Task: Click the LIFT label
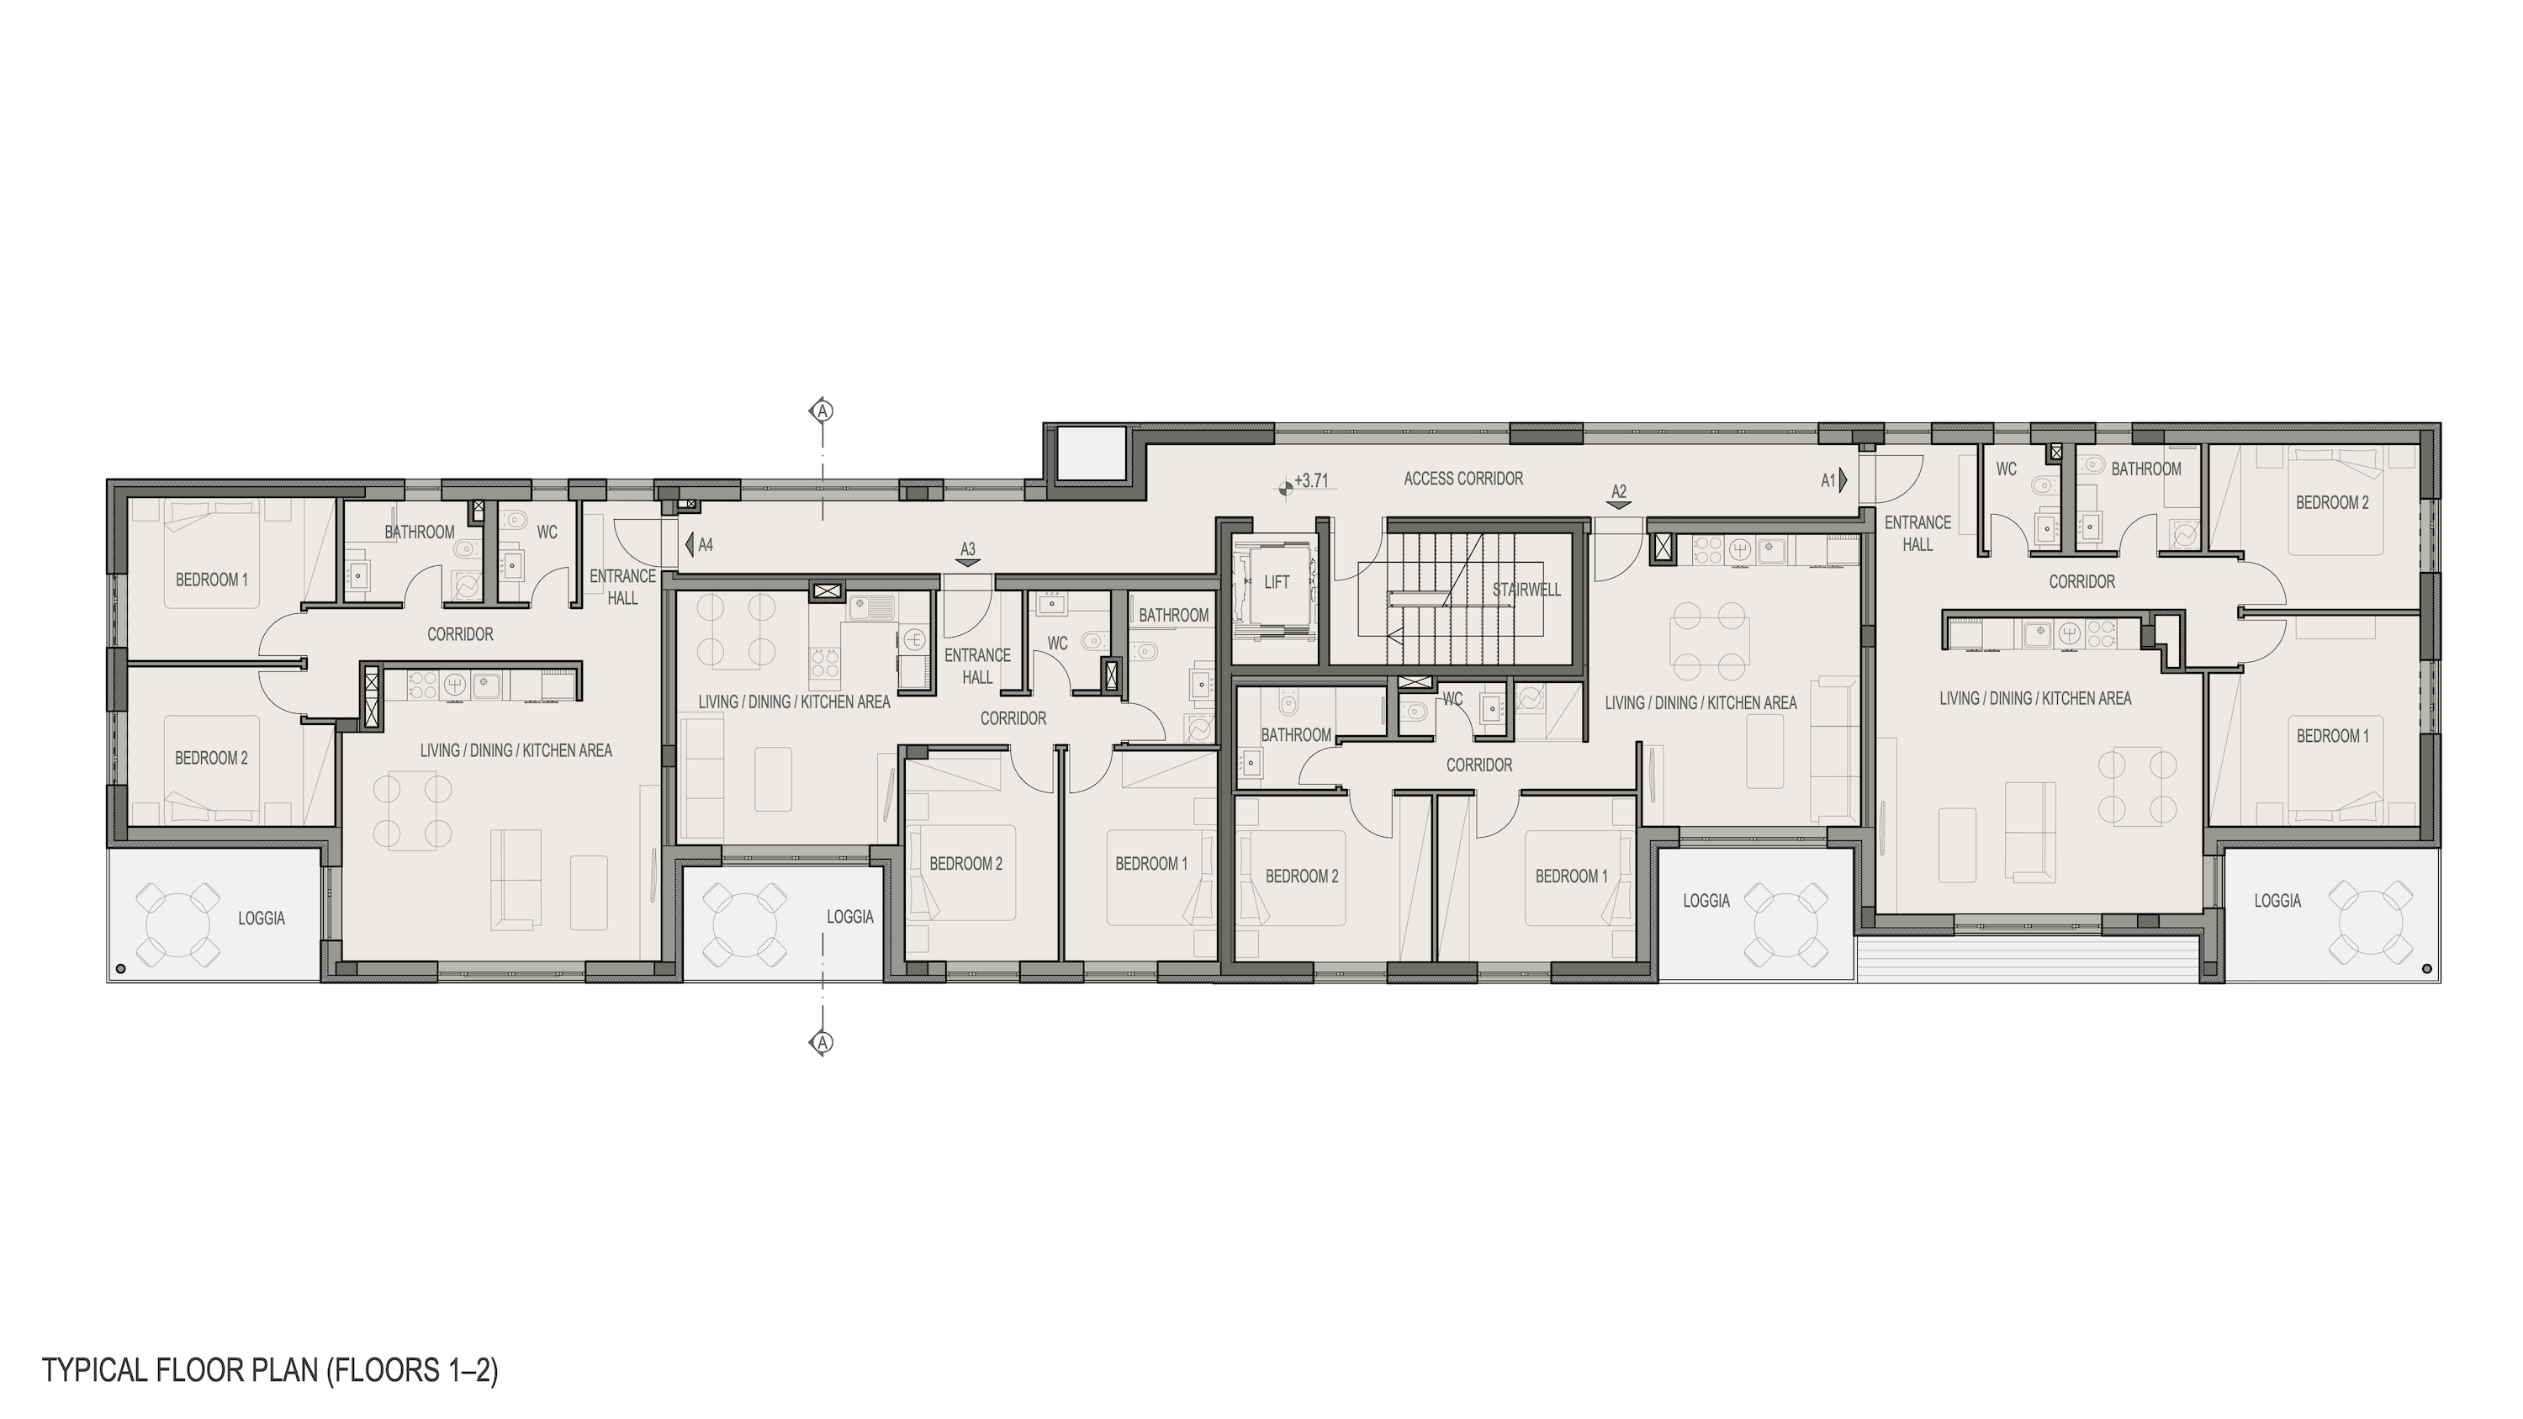pyautogui.click(x=1276, y=583)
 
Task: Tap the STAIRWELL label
pyautogui.click(x=1526, y=590)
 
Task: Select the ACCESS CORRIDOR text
pyautogui.click(x=1463, y=479)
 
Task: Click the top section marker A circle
pyautogui.click(x=823, y=410)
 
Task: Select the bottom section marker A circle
pyautogui.click(x=823, y=1042)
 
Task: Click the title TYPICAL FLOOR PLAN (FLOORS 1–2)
pyautogui.click(x=270, y=1369)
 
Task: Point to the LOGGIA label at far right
pyautogui.click(x=2277, y=901)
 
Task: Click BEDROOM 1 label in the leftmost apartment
pyautogui.click(x=212, y=580)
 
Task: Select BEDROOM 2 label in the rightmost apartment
pyautogui.click(x=2332, y=503)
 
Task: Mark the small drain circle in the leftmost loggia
pyautogui.click(x=120, y=968)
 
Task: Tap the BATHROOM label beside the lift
pyautogui.click(x=1295, y=735)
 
